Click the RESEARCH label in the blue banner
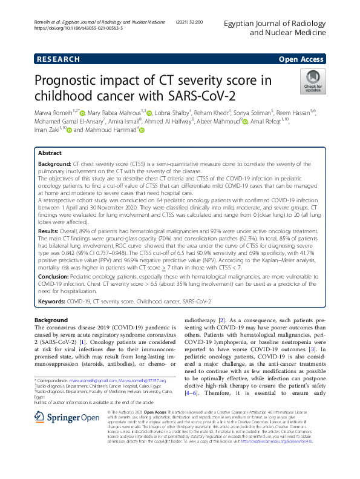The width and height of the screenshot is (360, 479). [59, 59]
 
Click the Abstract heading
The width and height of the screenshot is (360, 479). [50, 154]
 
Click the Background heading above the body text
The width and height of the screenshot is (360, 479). [51, 319]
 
